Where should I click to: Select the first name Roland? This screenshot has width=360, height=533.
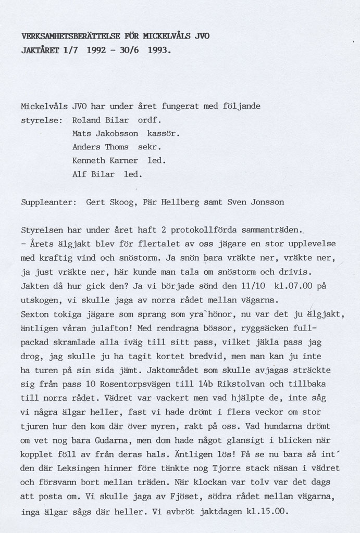pyautogui.click(x=86, y=120)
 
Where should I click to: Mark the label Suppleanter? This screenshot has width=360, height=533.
pyautogui.click(x=49, y=201)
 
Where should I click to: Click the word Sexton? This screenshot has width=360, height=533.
pyautogui.click(x=35, y=314)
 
